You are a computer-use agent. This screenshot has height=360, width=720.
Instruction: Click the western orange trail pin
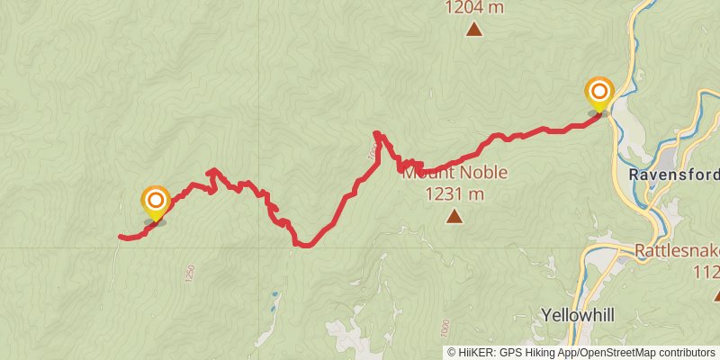tap(156, 201)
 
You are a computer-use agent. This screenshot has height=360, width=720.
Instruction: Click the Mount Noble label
tap(454, 172)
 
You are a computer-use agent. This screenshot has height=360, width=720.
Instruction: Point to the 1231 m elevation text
tap(454, 193)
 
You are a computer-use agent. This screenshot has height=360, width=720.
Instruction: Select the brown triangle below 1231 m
tap(454, 216)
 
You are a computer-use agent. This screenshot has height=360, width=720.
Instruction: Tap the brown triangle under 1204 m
tap(474, 30)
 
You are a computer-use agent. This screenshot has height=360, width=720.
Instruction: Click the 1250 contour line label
tap(190, 274)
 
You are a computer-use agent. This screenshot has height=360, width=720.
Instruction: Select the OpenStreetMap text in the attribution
tap(615, 353)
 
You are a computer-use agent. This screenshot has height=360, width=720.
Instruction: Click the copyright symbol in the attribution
tap(452, 353)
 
